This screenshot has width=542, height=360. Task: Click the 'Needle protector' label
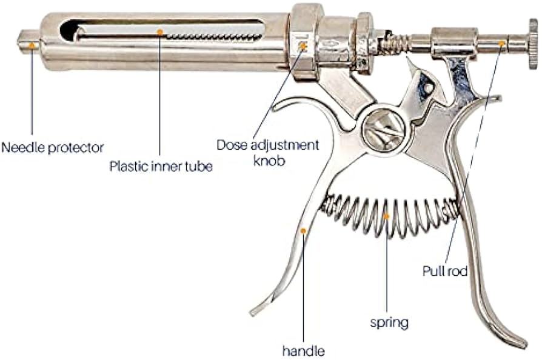point(53,147)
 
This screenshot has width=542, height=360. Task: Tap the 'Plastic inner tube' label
point(161,166)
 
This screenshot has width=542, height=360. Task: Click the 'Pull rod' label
point(444,271)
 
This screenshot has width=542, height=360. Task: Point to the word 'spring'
point(389,322)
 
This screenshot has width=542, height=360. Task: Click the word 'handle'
point(303,350)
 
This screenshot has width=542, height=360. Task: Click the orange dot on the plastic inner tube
point(160,32)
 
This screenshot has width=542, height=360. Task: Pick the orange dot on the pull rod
point(501,43)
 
